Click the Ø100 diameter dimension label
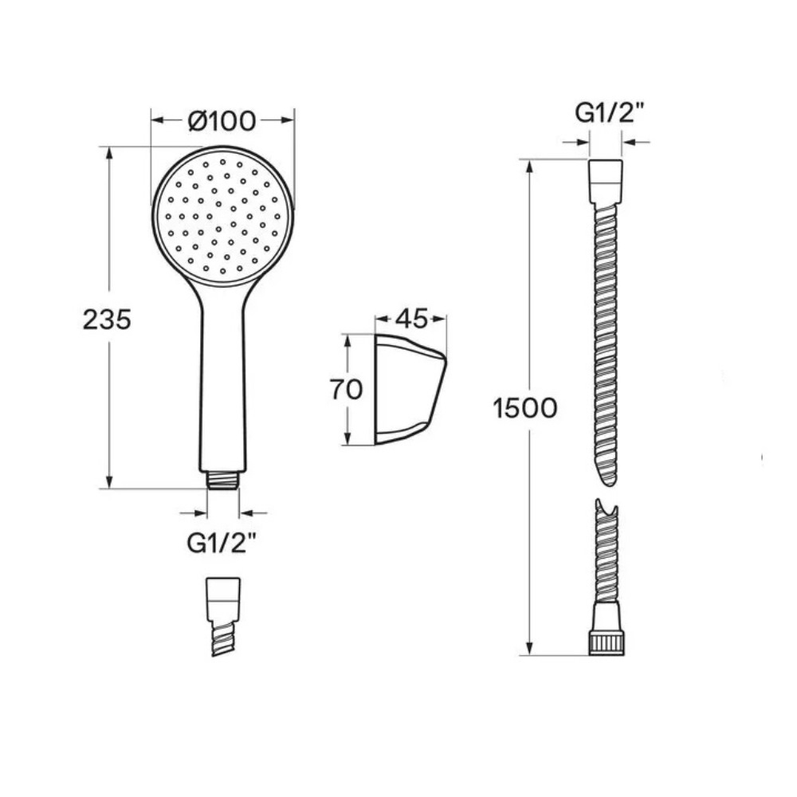(x=222, y=121)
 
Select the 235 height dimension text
(x=107, y=320)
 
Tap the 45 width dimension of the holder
(x=412, y=319)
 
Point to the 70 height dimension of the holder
(x=346, y=390)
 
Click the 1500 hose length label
(x=525, y=407)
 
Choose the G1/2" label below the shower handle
(x=221, y=544)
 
